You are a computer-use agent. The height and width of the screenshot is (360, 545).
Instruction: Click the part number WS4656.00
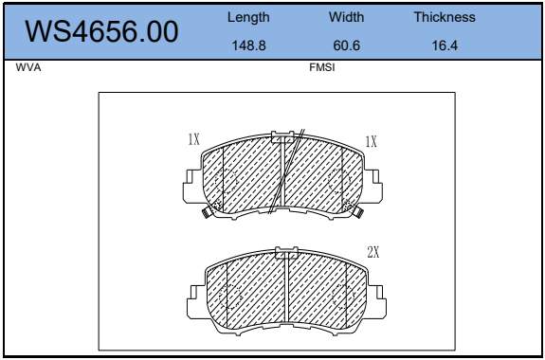tap(101, 31)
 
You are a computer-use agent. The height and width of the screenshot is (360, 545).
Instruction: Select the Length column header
tap(248, 17)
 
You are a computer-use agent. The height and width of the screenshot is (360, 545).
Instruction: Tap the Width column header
tap(346, 17)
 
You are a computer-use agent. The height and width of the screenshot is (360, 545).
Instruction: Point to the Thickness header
tap(445, 17)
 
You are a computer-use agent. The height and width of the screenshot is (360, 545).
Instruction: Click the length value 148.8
tap(248, 45)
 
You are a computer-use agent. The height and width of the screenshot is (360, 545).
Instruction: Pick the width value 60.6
tap(346, 45)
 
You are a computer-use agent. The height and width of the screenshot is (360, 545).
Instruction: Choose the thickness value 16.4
tap(445, 45)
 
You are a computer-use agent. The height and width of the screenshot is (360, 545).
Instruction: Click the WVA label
tap(28, 67)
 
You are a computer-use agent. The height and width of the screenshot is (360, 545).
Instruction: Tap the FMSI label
tap(322, 67)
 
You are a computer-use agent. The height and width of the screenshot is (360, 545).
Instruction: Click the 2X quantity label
tap(372, 252)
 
